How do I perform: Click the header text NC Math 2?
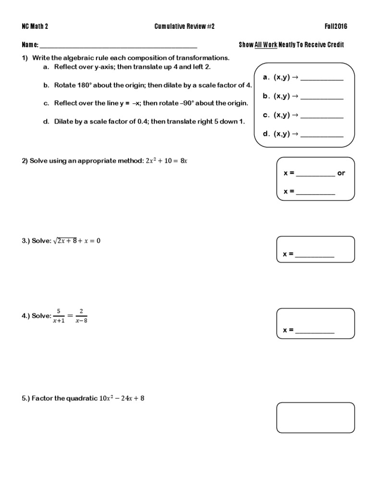tap(35, 26)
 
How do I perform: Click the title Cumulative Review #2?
tap(184, 26)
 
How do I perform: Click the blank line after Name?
tap(118, 46)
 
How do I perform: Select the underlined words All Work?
tap(266, 45)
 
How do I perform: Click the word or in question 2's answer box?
tap(341, 173)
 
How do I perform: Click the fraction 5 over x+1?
tap(58, 316)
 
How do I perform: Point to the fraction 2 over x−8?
tap(81, 316)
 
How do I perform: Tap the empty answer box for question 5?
tap(315, 418)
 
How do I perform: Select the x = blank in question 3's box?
tap(315, 255)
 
